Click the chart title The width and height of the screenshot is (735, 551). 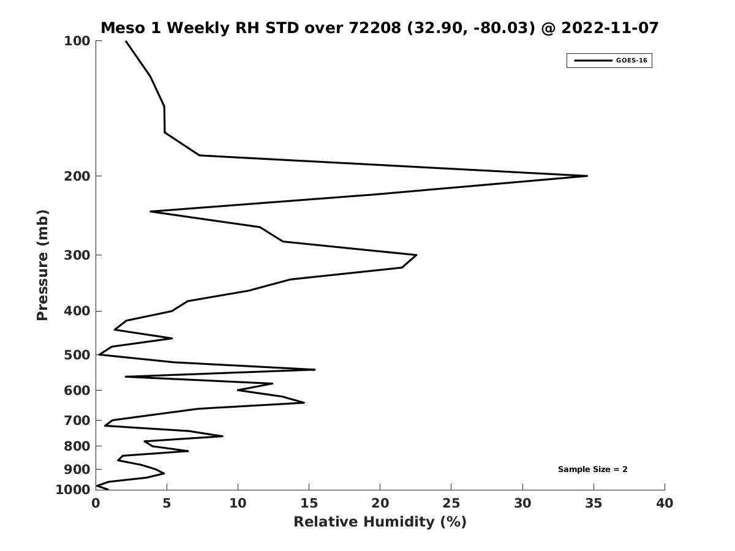[379, 28]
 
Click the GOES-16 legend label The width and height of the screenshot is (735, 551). [631, 61]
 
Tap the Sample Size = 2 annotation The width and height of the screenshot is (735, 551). [592, 470]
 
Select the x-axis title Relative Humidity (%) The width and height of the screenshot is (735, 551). [380, 522]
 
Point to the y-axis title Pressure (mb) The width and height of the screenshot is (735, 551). [42, 265]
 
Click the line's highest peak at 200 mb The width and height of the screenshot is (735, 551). [587, 176]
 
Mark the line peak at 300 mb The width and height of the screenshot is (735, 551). [417, 255]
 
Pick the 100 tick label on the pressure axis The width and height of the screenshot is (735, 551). [77, 41]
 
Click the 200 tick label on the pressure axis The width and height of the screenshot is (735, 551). [77, 176]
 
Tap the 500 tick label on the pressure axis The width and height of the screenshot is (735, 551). [77, 355]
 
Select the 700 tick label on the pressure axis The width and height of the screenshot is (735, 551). [77, 421]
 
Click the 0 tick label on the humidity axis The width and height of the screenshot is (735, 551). [96, 504]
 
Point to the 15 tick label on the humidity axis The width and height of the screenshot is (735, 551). [309, 504]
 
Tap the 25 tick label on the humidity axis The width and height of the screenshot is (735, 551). [451, 504]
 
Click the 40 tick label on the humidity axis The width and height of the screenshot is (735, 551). [665, 504]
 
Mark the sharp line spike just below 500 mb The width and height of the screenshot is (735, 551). [314, 370]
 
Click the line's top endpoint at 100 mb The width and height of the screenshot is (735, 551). [126, 41]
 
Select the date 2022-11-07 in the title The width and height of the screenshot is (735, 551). [610, 28]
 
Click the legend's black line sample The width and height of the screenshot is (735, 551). [592, 61]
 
